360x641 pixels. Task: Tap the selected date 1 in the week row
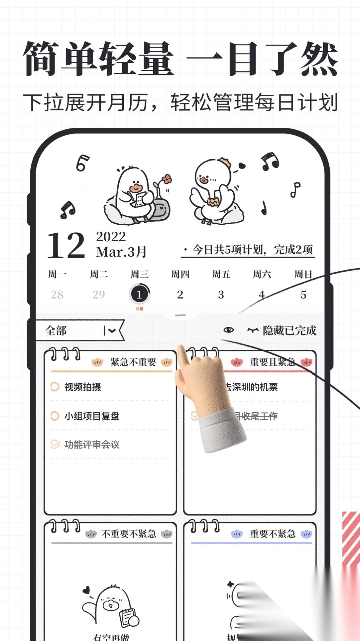[x=139, y=294]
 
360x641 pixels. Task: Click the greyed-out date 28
[x=57, y=294]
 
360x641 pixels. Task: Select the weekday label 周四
[x=180, y=275]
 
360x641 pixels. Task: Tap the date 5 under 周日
[x=303, y=294]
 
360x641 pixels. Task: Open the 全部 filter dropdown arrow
[x=112, y=331]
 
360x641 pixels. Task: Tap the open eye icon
[x=229, y=330]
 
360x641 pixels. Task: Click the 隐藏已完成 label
[x=289, y=331]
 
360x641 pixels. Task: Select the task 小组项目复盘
[x=92, y=416]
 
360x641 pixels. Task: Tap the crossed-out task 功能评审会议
[x=92, y=445]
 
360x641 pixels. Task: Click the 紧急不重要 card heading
[x=133, y=362]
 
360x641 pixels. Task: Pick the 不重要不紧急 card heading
[x=129, y=534]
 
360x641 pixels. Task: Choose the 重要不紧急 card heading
[x=272, y=534]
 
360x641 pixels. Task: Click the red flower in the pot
[x=167, y=179]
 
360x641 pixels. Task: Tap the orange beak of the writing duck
[x=136, y=187]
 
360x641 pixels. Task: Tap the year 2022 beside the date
[x=111, y=237]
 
